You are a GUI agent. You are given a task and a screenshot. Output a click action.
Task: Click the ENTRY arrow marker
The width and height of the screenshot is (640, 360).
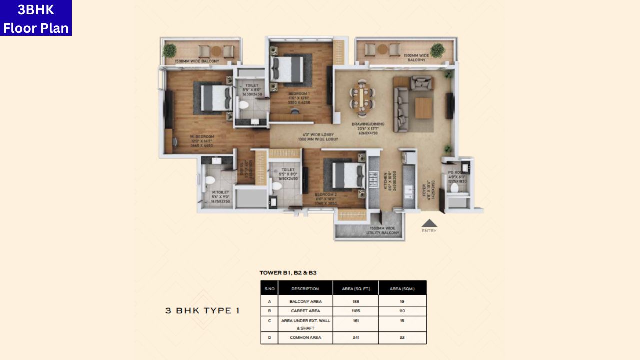(x=429, y=224)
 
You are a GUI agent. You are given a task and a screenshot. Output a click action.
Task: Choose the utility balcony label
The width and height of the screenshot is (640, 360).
(x=382, y=230)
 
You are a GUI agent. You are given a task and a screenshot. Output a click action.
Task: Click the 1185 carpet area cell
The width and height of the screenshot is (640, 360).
(x=355, y=311)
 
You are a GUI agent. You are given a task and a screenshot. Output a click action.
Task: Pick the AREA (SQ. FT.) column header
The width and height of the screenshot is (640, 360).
(x=355, y=288)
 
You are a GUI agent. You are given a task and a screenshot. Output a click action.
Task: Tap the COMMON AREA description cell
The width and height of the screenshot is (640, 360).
(x=305, y=338)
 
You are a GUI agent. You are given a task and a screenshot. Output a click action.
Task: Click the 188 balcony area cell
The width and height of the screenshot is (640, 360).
(x=355, y=302)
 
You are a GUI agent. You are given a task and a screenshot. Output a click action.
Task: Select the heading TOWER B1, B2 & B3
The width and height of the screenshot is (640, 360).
(x=288, y=273)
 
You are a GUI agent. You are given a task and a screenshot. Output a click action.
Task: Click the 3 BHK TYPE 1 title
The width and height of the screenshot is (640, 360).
(x=202, y=311)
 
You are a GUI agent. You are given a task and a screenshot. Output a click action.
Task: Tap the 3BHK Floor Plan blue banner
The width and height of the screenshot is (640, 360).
(x=36, y=18)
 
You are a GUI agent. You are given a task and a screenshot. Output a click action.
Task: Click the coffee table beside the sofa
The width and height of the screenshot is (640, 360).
(x=423, y=107)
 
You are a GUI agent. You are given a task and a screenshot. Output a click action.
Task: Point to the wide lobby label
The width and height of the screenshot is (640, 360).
(x=320, y=137)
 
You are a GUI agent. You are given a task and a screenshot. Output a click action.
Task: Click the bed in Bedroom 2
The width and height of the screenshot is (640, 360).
(x=346, y=175)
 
